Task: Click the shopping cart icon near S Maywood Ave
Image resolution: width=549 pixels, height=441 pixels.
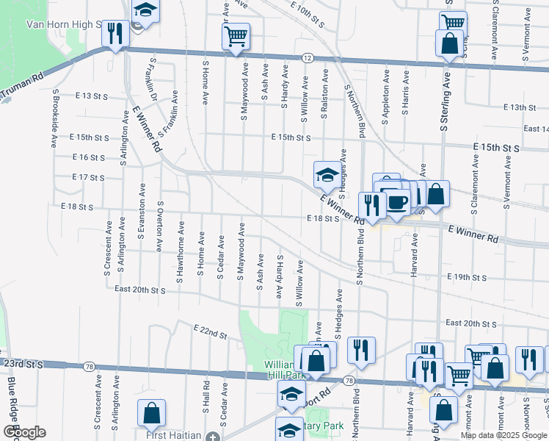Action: [x=236, y=36]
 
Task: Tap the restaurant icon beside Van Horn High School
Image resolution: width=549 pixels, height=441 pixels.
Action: [x=115, y=34]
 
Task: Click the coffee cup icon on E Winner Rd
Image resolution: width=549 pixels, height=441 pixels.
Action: [x=397, y=202]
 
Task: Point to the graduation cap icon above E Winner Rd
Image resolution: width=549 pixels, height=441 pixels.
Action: [x=327, y=175]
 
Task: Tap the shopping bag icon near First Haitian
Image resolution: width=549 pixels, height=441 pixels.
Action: [x=151, y=413]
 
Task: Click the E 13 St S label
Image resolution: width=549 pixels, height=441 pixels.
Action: [x=92, y=96]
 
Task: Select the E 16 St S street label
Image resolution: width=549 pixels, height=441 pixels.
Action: [x=89, y=157]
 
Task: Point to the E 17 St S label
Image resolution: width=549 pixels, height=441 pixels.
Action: [x=89, y=177]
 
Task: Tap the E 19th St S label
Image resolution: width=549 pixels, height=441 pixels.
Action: [x=467, y=278]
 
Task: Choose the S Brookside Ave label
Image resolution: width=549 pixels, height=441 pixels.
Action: [x=55, y=119]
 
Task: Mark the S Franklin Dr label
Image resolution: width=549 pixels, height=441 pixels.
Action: [x=153, y=81]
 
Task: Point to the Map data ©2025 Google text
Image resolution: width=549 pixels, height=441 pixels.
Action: [x=503, y=435]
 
